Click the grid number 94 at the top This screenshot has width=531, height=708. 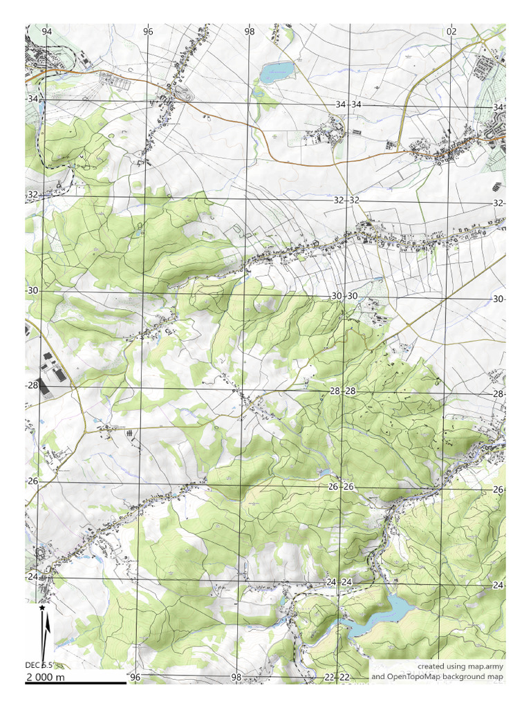pos(46,32)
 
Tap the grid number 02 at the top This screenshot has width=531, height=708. pos(451,32)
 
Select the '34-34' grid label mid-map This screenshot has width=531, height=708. pos(348,104)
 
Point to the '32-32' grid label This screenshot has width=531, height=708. pos(346,200)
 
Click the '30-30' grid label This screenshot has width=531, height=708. pos(344,296)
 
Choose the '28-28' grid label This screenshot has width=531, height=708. pos(342,391)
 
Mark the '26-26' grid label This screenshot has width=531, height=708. pos(340,487)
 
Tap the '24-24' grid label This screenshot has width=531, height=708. pos(339,582)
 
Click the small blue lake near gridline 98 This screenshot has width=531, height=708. pos(277,71)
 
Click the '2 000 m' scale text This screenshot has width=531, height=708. pos(46,677)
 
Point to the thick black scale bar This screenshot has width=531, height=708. pos(76,683)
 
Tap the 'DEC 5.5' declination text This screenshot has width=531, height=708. pos(39,665)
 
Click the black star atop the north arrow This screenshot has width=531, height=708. pos(43,607)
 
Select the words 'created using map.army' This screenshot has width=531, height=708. pos(460,666)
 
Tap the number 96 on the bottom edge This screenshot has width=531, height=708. pos(135,677)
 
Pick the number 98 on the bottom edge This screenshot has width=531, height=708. pos(236,677)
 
